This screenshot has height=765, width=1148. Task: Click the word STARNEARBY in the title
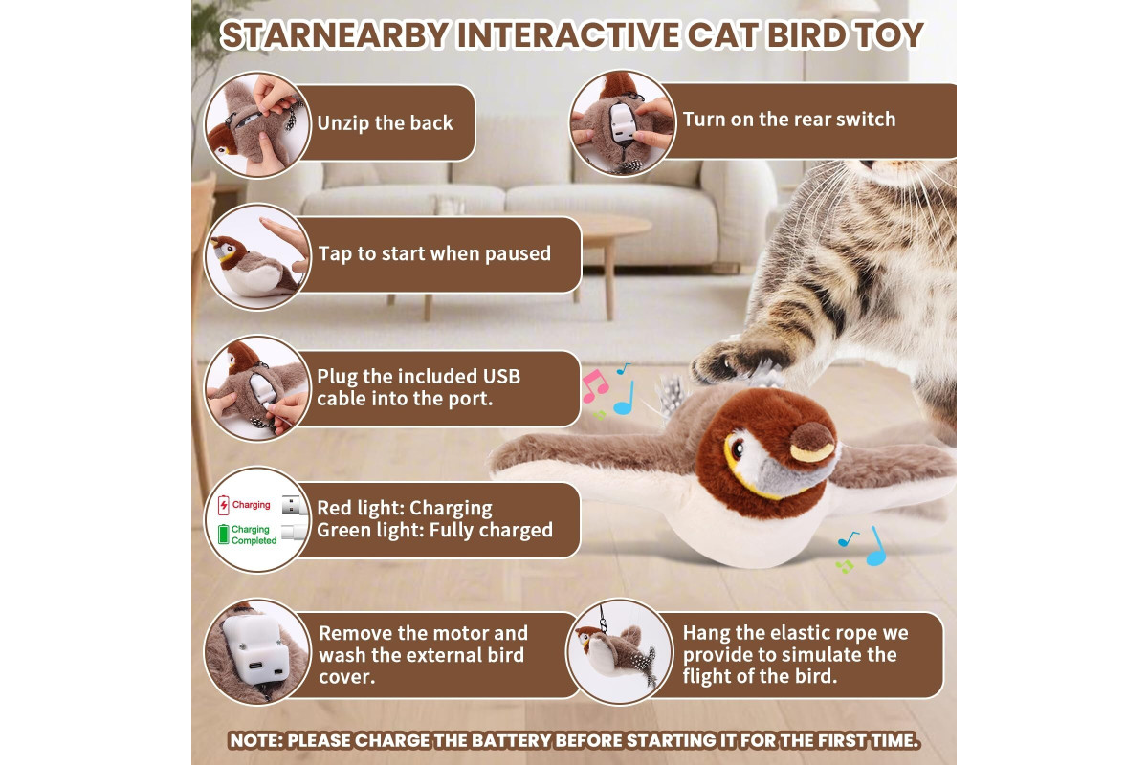coord(335,35)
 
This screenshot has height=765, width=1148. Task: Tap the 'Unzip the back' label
coord(385,123)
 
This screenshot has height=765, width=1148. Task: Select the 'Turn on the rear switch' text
coord(789,120)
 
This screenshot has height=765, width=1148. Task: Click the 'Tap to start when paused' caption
coord(434,253)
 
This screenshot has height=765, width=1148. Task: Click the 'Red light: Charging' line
coord(405,508)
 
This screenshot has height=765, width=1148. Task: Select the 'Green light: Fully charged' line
coord(434,530)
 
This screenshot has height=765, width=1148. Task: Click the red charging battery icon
coord(224,505)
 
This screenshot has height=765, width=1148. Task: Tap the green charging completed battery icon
coord(224,534)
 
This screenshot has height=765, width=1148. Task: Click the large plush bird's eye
coord(737,449)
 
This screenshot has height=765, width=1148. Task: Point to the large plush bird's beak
coord(812,443)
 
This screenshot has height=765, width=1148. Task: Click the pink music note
coord(594,385)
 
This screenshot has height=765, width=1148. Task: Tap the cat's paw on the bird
coord(738,361)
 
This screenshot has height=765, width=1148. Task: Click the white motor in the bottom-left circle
coord(255,649)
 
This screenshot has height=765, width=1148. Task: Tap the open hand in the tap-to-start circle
coord(285,242)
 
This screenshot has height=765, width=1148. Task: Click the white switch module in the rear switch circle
coord(623,123)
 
